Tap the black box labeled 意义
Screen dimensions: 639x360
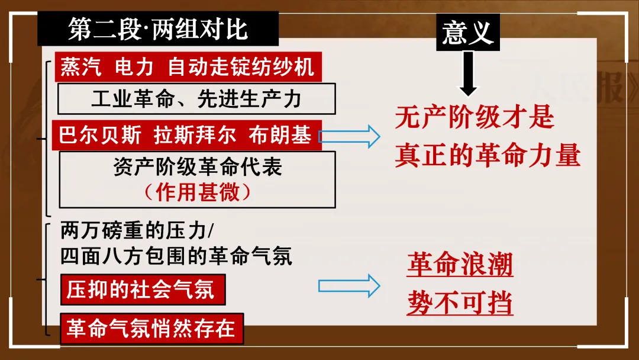pyautogui.click(x=467, y=33)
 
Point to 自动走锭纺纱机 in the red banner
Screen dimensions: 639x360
pyautogui.click(x=241, y=67)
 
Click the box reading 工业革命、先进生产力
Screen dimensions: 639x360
pyautogui.click(x=196, y=98)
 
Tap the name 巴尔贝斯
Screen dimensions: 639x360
pyautogui.click(x=101, y=135)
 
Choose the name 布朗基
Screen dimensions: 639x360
pyautogui.click(x=280, y=135)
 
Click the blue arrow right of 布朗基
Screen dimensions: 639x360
pyautogui.click(x=349, y=136)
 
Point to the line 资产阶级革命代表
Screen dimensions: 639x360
pyautogui.click(x=198, y=168)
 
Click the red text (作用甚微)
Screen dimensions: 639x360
pyautogui.click(x=198, y=192)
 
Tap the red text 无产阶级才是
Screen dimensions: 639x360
pyautogui.click(x=475, y=117)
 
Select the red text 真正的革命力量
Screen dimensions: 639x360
pyautogui.click(x=488, y=155)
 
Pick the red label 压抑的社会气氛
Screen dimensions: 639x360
pyautogui.click(x=140, y=290)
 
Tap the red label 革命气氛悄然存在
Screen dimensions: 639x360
pyautogui.click(x=151, y=329)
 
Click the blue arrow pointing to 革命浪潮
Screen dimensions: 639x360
pyautogui.click(x=349, y=285)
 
